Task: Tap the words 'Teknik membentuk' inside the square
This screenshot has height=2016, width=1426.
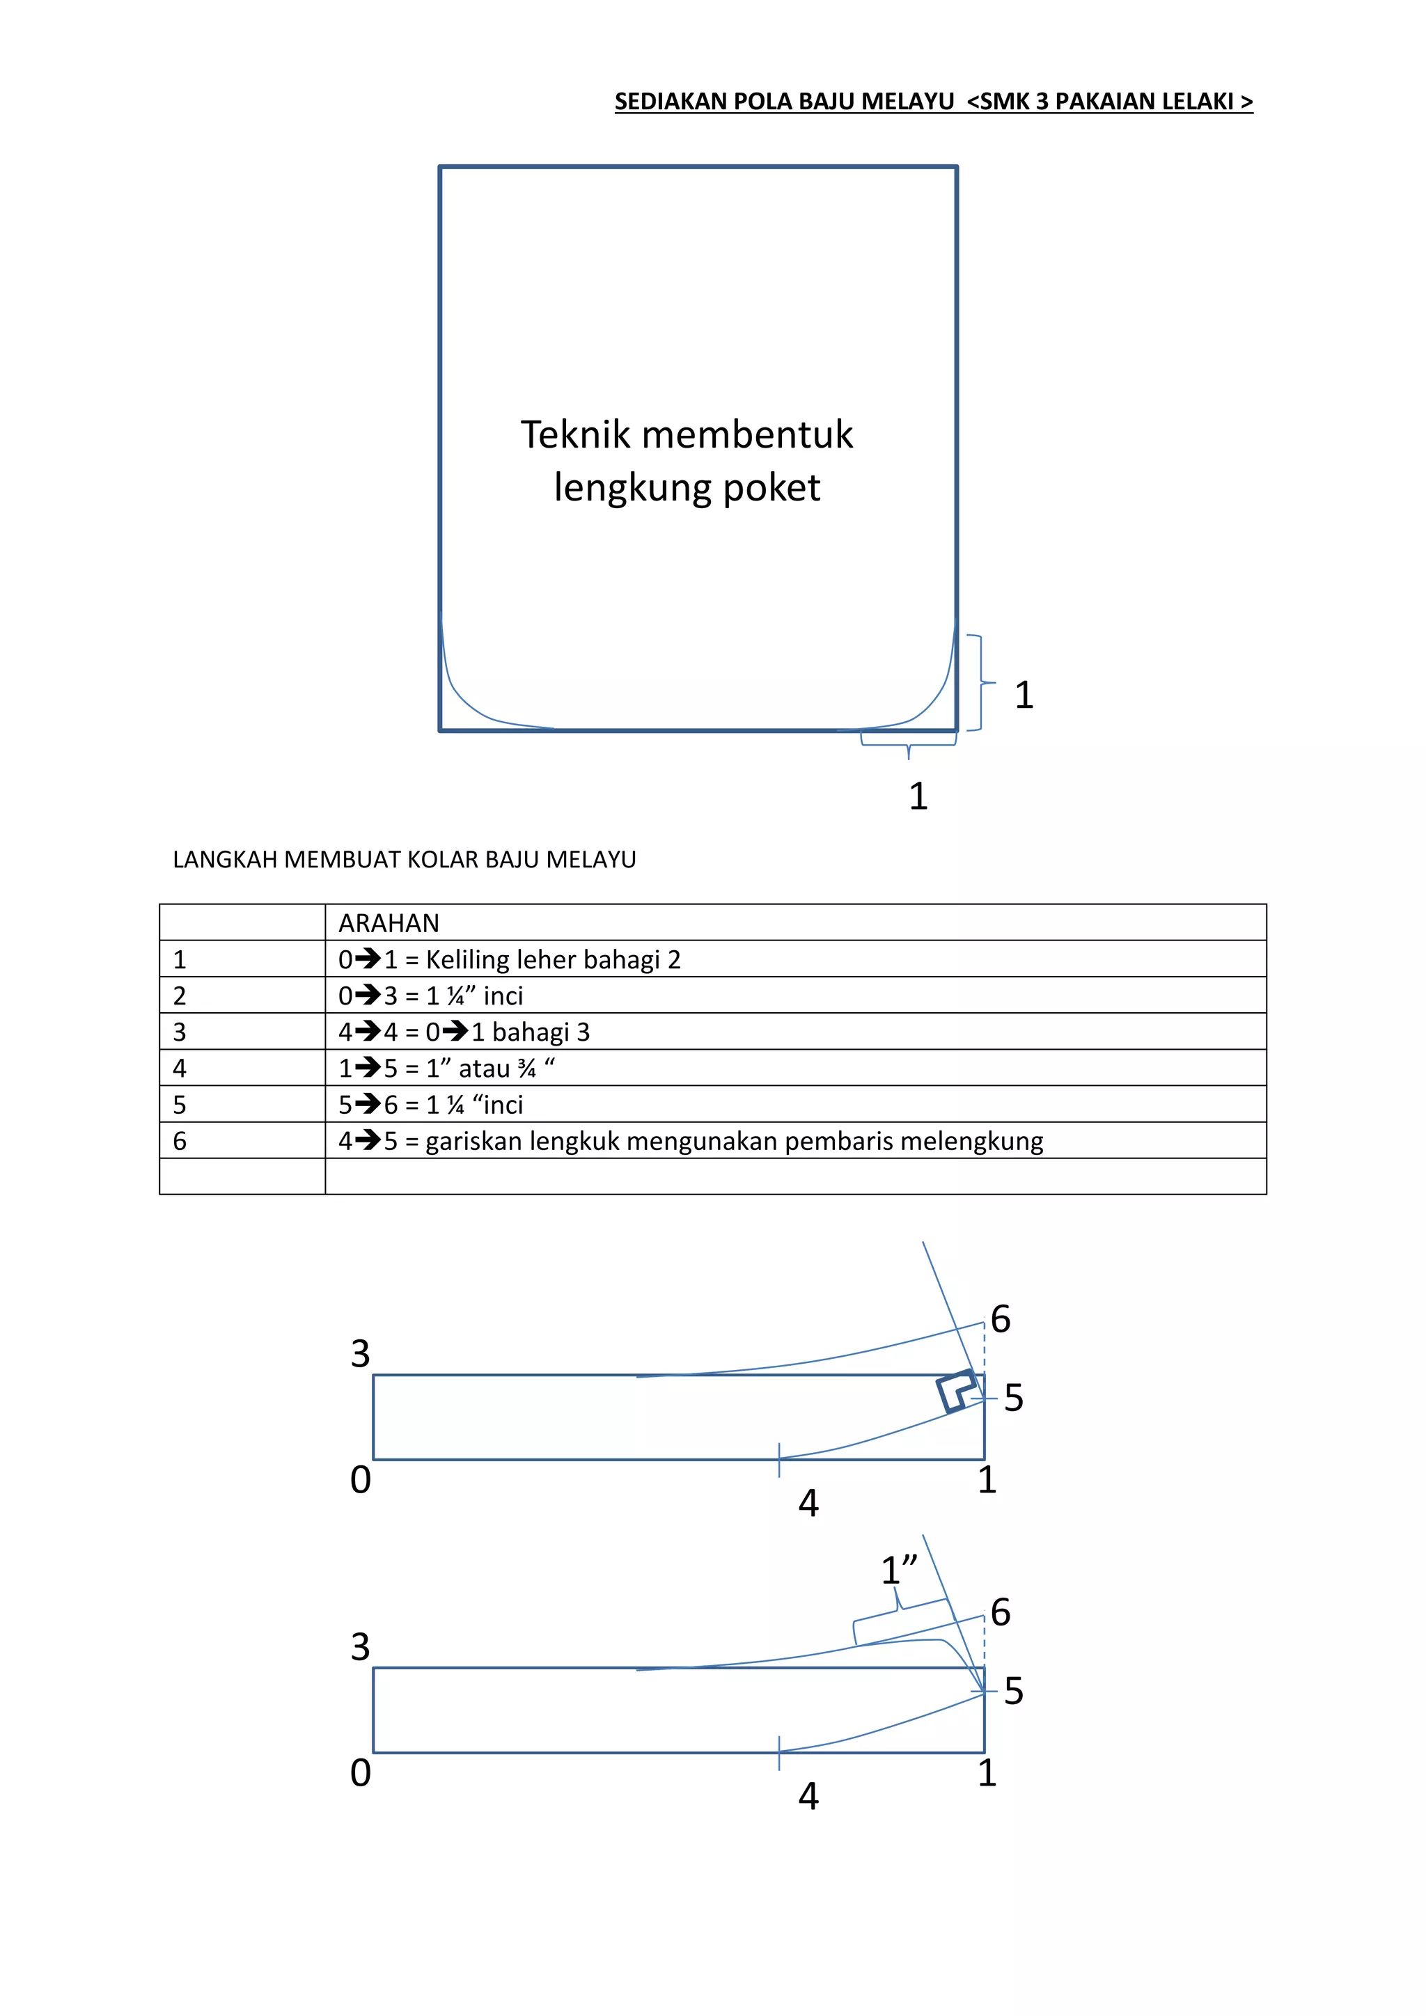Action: click(686, 434)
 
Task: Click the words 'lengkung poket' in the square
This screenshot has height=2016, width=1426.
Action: click(687, 488)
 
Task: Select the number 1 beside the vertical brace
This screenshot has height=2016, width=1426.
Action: click(1024, 695)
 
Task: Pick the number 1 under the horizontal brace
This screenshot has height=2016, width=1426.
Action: click(918, 796)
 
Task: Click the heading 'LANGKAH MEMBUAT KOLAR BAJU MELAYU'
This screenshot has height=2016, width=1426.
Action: click(404, 860)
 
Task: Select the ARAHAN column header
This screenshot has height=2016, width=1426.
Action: click(389, 923)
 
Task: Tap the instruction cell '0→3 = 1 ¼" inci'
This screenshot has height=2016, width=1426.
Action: click(430, 995)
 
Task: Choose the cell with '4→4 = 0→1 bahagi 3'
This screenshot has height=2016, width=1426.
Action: click(464, 1032)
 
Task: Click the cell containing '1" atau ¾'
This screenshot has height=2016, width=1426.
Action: click(446, 1069)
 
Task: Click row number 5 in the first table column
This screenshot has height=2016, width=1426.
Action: click(180, 1105)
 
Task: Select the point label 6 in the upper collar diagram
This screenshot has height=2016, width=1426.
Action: click(1000, 1320)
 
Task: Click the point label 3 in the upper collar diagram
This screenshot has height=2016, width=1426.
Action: click(360, 1355)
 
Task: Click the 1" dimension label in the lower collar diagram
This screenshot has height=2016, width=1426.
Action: click(898, 1570)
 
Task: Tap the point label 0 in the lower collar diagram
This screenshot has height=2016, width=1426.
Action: click(360, 1774)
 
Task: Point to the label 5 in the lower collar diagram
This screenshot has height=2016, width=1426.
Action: click(1013, 1691)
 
